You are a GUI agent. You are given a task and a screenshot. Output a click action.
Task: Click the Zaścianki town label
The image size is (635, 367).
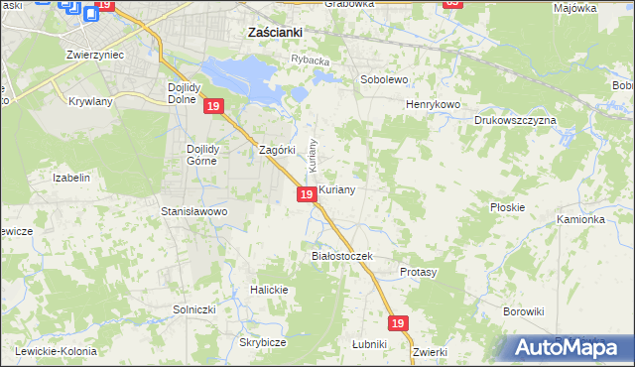pos(274,32)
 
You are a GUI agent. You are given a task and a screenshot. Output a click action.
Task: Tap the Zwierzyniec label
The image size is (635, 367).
pos(94,55)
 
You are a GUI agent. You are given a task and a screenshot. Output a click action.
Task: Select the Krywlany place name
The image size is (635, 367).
pos(90,101)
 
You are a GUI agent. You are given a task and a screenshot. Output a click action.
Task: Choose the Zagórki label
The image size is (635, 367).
pos(278,151)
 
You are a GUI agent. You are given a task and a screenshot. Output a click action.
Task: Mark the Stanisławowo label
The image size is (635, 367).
pos(194,211)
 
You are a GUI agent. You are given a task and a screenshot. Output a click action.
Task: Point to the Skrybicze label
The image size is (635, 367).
pos(262,342)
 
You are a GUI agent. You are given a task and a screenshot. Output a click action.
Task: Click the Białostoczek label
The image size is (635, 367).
pos(341,256)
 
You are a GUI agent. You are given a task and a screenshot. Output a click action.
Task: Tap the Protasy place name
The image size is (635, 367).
pos(418,271)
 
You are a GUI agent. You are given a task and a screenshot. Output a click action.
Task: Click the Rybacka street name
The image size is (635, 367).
pos(310,61)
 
